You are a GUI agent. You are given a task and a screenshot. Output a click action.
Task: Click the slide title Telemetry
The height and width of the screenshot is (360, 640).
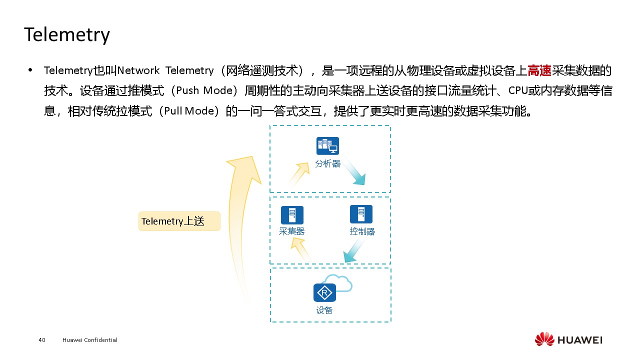[x=66, y=35]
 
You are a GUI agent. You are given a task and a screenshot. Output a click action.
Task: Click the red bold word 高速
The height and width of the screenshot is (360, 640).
[x=539, y=71]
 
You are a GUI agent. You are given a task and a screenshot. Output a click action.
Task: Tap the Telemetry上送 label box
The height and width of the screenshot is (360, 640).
[x=179, y=221]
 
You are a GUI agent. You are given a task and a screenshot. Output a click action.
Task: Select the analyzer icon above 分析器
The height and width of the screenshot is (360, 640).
[x=327, y=146]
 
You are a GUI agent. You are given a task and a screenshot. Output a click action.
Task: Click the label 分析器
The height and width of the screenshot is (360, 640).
[x=327, y=163]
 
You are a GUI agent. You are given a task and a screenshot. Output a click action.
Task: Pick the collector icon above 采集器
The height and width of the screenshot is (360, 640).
[x=292, y=215]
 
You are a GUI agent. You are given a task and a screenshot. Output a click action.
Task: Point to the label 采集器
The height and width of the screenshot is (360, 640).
[x=292, y=231]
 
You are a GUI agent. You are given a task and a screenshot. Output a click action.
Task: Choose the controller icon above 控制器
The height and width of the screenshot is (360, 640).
[x=361, y=214]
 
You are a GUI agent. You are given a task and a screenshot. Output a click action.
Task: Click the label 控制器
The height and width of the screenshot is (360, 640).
[x=362, y=231]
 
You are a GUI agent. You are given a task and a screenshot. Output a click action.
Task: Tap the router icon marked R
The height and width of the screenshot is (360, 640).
[x=324, y=292]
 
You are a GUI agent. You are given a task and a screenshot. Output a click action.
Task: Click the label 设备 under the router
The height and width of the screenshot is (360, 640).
[x=324, y=310]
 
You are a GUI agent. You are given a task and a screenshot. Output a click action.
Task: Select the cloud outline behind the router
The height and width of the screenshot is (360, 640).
[x=341, y=282]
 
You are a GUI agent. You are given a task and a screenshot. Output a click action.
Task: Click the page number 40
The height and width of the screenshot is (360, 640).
[x=42, y=340]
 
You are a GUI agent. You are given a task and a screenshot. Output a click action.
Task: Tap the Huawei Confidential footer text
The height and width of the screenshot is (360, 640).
[x=90, y=340]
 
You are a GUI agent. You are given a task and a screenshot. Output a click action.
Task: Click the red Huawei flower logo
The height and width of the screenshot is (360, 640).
[x=544, y=339]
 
